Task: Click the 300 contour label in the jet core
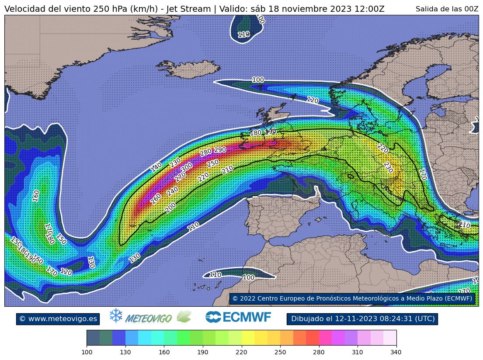pyautogui.click(x=187, y=167)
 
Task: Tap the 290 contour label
pyautogui.click(x=220, y=150)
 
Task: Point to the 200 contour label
pyautogui.click(x=170, y=208)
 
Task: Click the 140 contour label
pyautogui.click(x=156, y=167)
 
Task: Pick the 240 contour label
pyautogui.click(x=172, y=191)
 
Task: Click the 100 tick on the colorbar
pyautogui.click(x=87, y=352)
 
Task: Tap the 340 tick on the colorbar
pyautogui.click(x=396, y=352)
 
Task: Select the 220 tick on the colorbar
pyautogui.click(x=241, y=352)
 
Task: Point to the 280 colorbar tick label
pyautogui.click(x=319, y=352)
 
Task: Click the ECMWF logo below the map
pyautogui.click(x=238, y=317)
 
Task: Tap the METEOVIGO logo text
pyautogui.click(x=148, y=318)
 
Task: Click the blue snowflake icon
pyautogui.click(x=116, y=316)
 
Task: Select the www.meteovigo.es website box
pyautogui.click(x=58, y=319)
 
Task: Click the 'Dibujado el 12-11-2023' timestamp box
pyautogui.click(x=362, y=319)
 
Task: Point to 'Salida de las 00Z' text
pyautogui.click(x=447, y=9)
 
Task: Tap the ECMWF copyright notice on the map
pyautogui.click(x=352, y=298)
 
